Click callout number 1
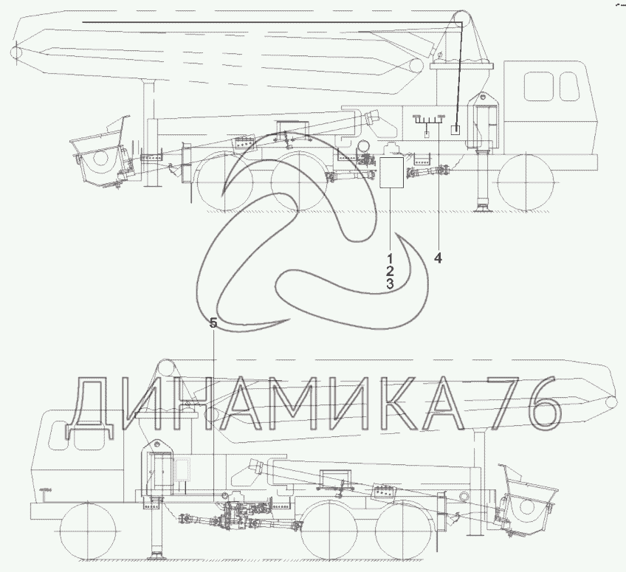390,258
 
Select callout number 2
390,271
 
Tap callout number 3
390,284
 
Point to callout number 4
438,258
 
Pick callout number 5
213,323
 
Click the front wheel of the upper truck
526,182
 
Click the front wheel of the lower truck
88,531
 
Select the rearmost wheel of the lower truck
405,531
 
